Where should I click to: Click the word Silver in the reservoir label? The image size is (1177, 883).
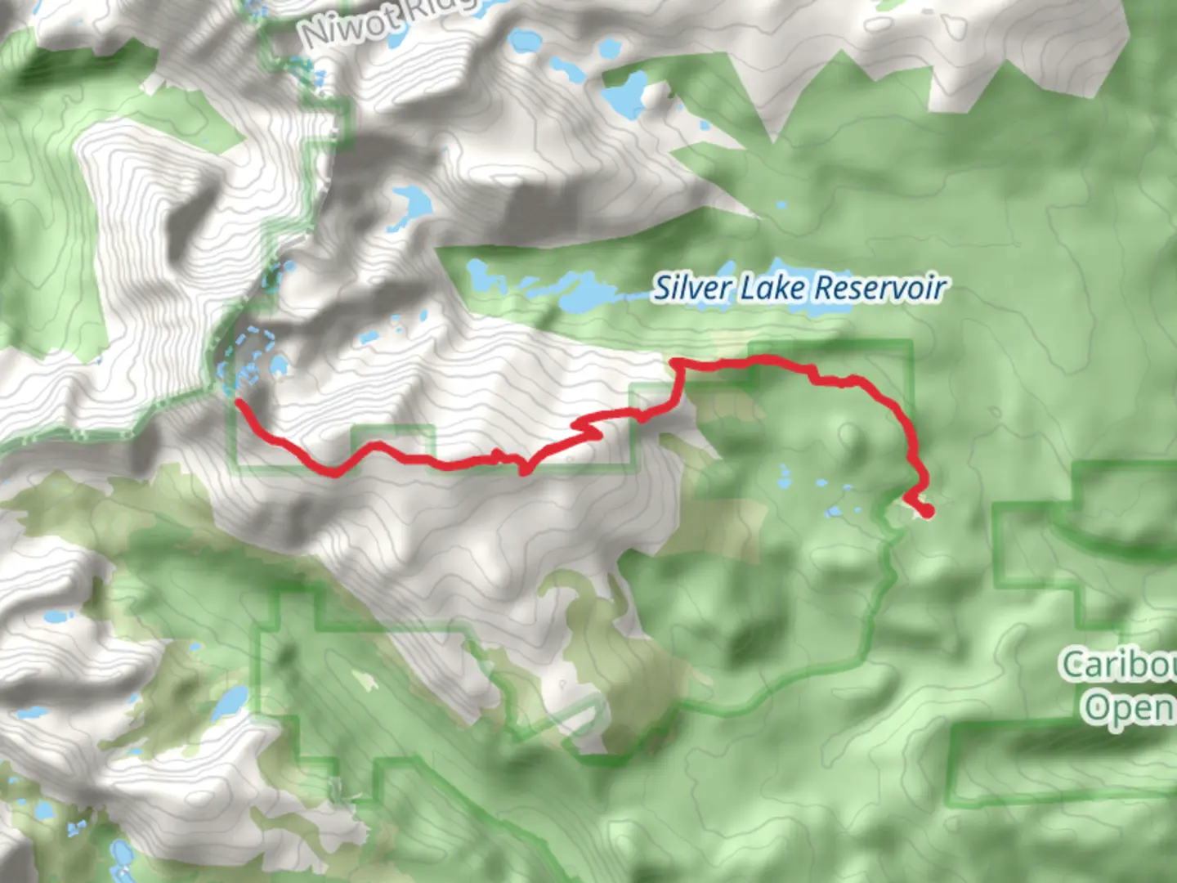[691, 288]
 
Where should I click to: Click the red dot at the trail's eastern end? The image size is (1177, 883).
[927, 512]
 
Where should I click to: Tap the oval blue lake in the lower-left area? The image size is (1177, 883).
[232, 701]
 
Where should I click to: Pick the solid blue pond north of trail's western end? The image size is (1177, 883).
[278, 365]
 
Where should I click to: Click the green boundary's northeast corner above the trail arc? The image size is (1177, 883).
[911, 343]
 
